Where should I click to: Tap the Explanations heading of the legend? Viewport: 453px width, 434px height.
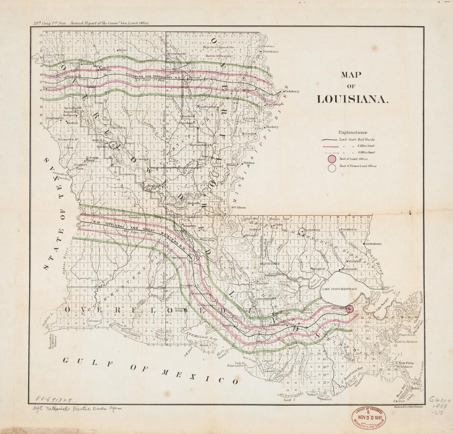click(353, 133)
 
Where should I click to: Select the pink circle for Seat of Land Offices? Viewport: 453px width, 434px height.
click(332, 159)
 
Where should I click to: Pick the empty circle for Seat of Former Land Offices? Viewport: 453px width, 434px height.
click(332, 167)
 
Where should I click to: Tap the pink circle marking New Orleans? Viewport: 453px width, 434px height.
click(350, 309)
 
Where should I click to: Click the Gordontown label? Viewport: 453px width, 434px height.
click(373, 244)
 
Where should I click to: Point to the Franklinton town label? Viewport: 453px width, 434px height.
click(348, 229)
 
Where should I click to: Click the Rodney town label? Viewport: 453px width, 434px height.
click(273, 127)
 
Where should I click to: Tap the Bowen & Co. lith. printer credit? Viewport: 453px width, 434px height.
click(407, 406)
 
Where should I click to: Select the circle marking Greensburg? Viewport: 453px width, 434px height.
click(303, 231)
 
